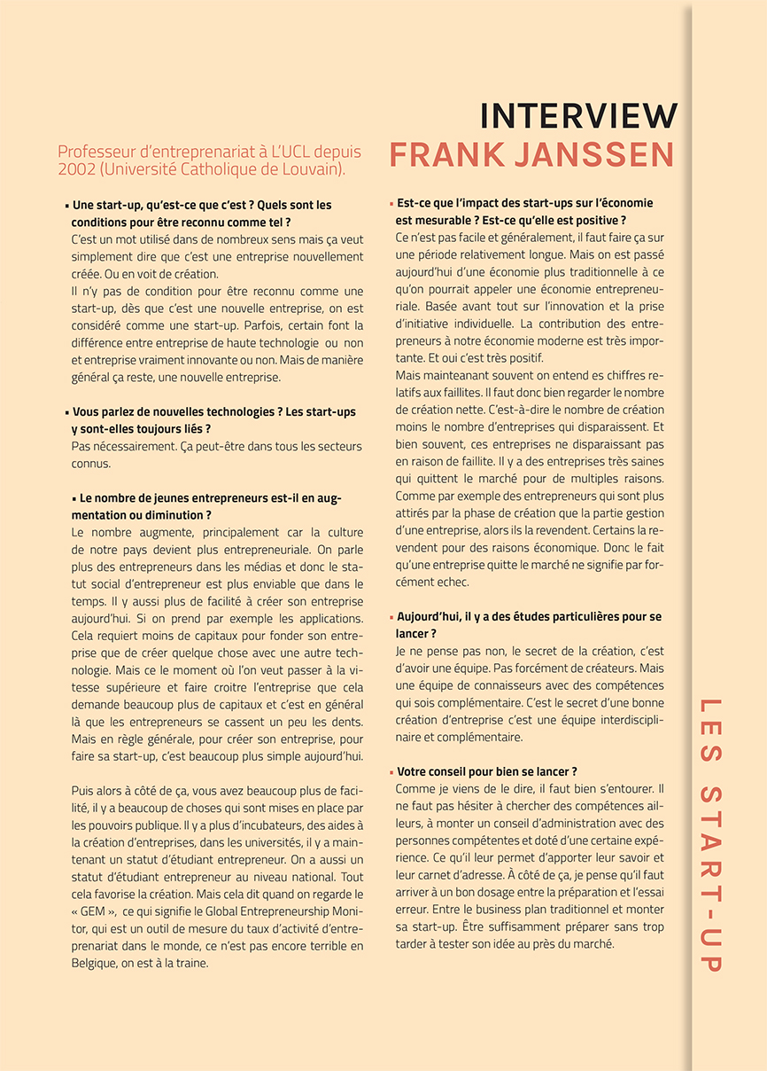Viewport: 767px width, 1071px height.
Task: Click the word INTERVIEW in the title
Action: click(x=577, y=116)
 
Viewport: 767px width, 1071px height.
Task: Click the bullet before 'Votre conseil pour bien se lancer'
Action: click(x=391, y=772)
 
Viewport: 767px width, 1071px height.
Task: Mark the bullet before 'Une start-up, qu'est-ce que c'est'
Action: click(x=66, y=206)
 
